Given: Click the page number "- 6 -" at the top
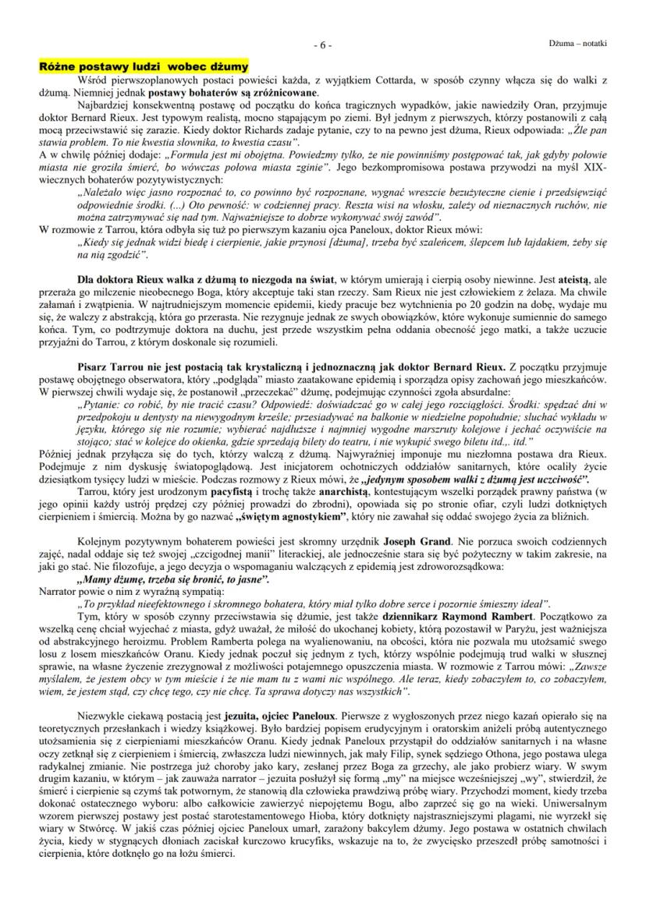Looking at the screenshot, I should coord(323,45).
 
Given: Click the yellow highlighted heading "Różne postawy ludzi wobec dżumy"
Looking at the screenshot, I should coord(144,67).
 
